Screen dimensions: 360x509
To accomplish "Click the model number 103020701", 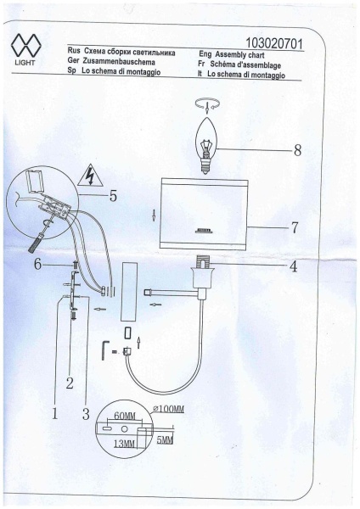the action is (273, 43).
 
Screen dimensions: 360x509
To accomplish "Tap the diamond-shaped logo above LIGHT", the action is (25, 46).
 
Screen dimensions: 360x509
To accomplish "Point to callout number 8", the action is (297, 150).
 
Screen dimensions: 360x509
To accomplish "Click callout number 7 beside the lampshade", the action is (295, 227).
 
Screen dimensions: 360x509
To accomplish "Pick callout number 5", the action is (113, 196).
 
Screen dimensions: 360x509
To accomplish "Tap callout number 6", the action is (38, 265).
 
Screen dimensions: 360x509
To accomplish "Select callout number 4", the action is (293, 267).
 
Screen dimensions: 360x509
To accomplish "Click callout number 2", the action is (70, 383).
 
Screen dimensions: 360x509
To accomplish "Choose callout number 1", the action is (54, 414).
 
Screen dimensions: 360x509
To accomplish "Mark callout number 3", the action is (86, 414).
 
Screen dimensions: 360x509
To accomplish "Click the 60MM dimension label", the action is (125, 416).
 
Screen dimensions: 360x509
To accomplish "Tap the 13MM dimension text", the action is (124, 443).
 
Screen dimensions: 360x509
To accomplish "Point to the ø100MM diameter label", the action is (168, 409).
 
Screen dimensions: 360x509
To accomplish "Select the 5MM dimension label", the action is (165, 439).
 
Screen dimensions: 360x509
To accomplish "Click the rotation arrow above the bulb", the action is (207, 104).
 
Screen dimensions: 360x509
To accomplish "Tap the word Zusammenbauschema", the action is (119, 61).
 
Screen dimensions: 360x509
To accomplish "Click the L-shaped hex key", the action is (104, 350).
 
